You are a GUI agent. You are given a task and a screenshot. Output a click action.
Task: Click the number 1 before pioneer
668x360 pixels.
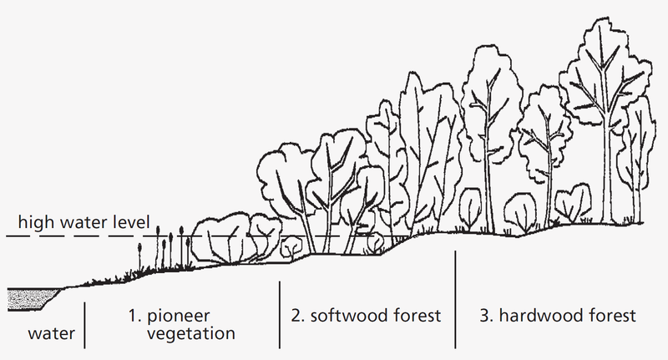click(x=132, y=317)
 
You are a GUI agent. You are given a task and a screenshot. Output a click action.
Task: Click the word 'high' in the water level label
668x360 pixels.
click(x=35, y=223)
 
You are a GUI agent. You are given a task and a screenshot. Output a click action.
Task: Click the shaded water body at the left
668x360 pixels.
click(x=28, y=296)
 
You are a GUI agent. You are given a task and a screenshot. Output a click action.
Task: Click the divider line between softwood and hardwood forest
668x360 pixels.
click(x=456, y=298)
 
